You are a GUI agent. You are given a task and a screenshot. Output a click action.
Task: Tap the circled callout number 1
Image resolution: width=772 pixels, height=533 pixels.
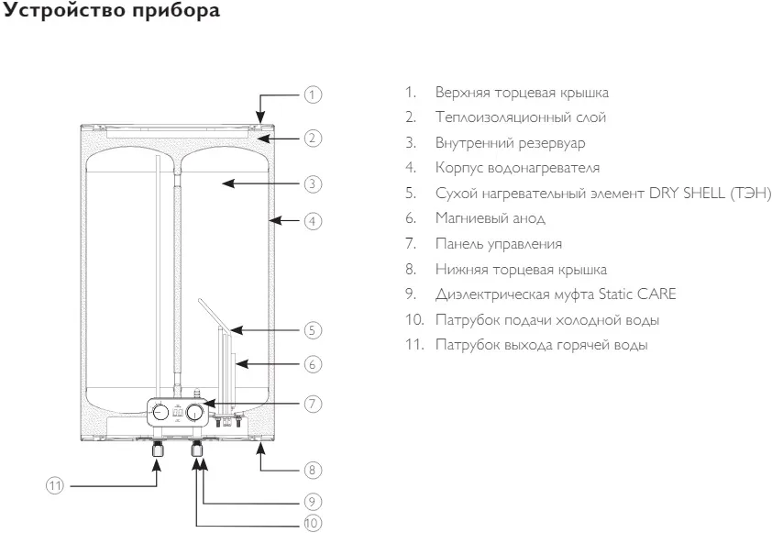pyautogui.click(x=313, y=94)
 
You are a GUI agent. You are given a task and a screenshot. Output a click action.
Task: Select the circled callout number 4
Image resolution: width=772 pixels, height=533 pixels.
pyautogui.click(x=313, y=220)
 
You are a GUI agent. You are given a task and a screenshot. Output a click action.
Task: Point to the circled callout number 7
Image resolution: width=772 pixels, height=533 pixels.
pyautogui.click(x=313, y=403)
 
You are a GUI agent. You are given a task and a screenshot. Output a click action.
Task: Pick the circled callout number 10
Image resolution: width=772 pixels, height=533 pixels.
pyautogui.click(x=313, y=523)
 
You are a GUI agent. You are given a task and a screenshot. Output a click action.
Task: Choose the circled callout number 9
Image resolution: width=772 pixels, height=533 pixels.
pyautogui.click(x=313, y=502)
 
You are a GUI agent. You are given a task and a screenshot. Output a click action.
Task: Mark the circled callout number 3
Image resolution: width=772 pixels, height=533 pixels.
pyautogui.click(x=313, y=183)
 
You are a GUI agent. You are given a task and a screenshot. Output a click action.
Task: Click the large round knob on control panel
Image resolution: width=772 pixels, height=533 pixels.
pyautogui.click(x=194, y=412)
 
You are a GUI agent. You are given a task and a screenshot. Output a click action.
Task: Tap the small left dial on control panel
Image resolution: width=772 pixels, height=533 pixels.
pyautogui.click(x=158, y=411)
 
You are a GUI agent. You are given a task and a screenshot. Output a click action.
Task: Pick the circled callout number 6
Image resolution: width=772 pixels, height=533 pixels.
pyautogui.click(x=313, y=364)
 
